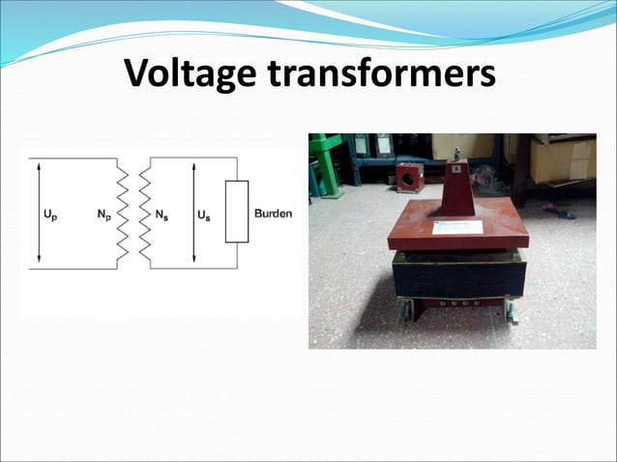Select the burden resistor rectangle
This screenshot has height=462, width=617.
tap(236, 212)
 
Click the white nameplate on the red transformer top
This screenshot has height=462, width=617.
tap(457, 228)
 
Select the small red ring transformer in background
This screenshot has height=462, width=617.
tap(409, 177)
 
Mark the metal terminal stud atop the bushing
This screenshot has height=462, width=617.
tap(456, 154)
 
